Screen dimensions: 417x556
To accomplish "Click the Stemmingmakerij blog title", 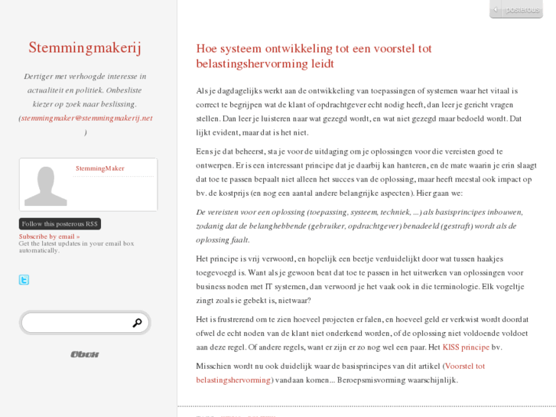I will pyautogui.click(x=85, y=48).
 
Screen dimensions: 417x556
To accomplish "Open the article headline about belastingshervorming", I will pyautogui.click(x=314, y=56).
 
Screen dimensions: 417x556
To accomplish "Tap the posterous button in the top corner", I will pyautogui.click(x=516, y=10).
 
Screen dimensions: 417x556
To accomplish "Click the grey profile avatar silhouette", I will pyautogui.click(x=45, y=185).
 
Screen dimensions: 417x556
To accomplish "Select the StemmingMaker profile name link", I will pyautogui.click(x=99, y=168).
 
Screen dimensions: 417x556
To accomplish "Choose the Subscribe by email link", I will pyautogui.click(x=49, y=236).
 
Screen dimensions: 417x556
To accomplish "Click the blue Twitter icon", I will pyautogui.click(x=24, y=280).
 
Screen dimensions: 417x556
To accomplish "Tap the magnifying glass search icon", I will pyautogui.click(x=137, y=323).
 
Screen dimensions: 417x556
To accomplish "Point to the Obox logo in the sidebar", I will pyautogui.click(x=85, y=354).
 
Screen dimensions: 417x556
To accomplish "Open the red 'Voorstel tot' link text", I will pyautogui.click(x=464, y=366).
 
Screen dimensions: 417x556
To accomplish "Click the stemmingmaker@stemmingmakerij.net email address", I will pyautogui.click(x=87, y=118).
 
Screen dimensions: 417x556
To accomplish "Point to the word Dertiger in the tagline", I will pyautogui.click(x=41, y=77).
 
